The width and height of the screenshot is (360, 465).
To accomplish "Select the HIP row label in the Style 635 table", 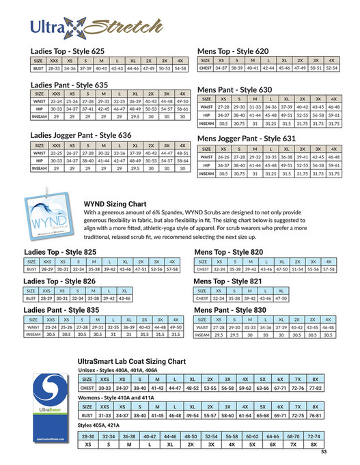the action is (40, 109).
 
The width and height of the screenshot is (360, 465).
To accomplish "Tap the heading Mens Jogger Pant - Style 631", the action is (247, 139).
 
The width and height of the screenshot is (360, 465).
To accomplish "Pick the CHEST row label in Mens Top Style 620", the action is (206, 68).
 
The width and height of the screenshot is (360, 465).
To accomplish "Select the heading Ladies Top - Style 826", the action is (60, 281).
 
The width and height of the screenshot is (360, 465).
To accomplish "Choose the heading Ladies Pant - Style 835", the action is (61, 310).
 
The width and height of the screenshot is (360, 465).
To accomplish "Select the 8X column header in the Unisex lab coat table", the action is (315, 379).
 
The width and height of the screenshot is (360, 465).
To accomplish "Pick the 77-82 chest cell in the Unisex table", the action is (315, 388).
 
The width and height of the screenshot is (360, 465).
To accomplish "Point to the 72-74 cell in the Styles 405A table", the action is (315, 435).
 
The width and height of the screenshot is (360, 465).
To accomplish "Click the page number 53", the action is (324, 451).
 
